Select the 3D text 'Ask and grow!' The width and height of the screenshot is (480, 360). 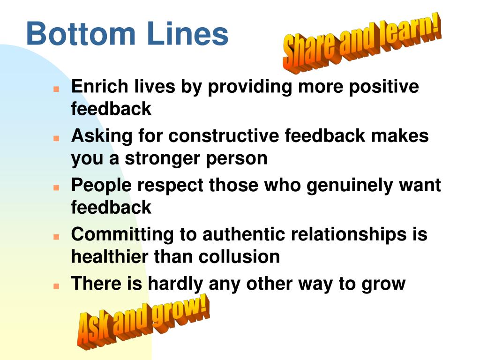[x=143, y=321]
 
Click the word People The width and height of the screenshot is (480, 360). [x=101, y=186]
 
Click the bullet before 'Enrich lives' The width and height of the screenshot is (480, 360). [x=56, y=88]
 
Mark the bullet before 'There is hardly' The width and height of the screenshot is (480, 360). [x=56, y=285]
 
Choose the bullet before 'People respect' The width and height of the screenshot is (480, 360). [x=56, y=187]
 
